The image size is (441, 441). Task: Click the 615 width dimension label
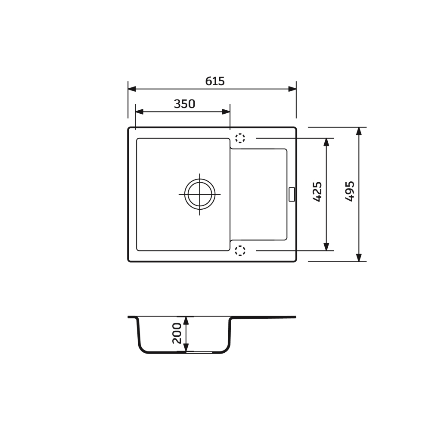(215, 81)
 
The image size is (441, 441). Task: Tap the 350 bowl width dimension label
(184, 104)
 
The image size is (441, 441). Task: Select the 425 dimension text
(317, 192)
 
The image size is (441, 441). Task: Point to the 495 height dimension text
(350, 192)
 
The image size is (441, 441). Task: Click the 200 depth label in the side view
(177, 333)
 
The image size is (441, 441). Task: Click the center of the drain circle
(200, 194)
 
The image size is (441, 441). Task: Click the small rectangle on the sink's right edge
(292, 194)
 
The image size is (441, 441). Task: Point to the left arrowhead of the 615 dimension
(132, 89)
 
